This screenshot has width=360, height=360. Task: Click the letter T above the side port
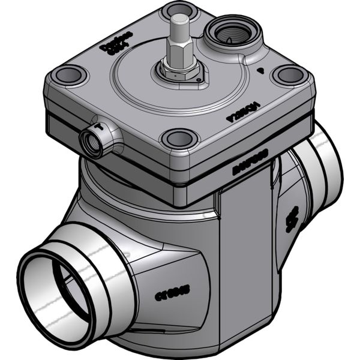click(97, 126)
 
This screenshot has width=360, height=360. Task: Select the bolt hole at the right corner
click(290, 75)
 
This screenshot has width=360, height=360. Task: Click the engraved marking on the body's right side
click(292, 220)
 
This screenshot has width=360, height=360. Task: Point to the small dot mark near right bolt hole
click(259, 71)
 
